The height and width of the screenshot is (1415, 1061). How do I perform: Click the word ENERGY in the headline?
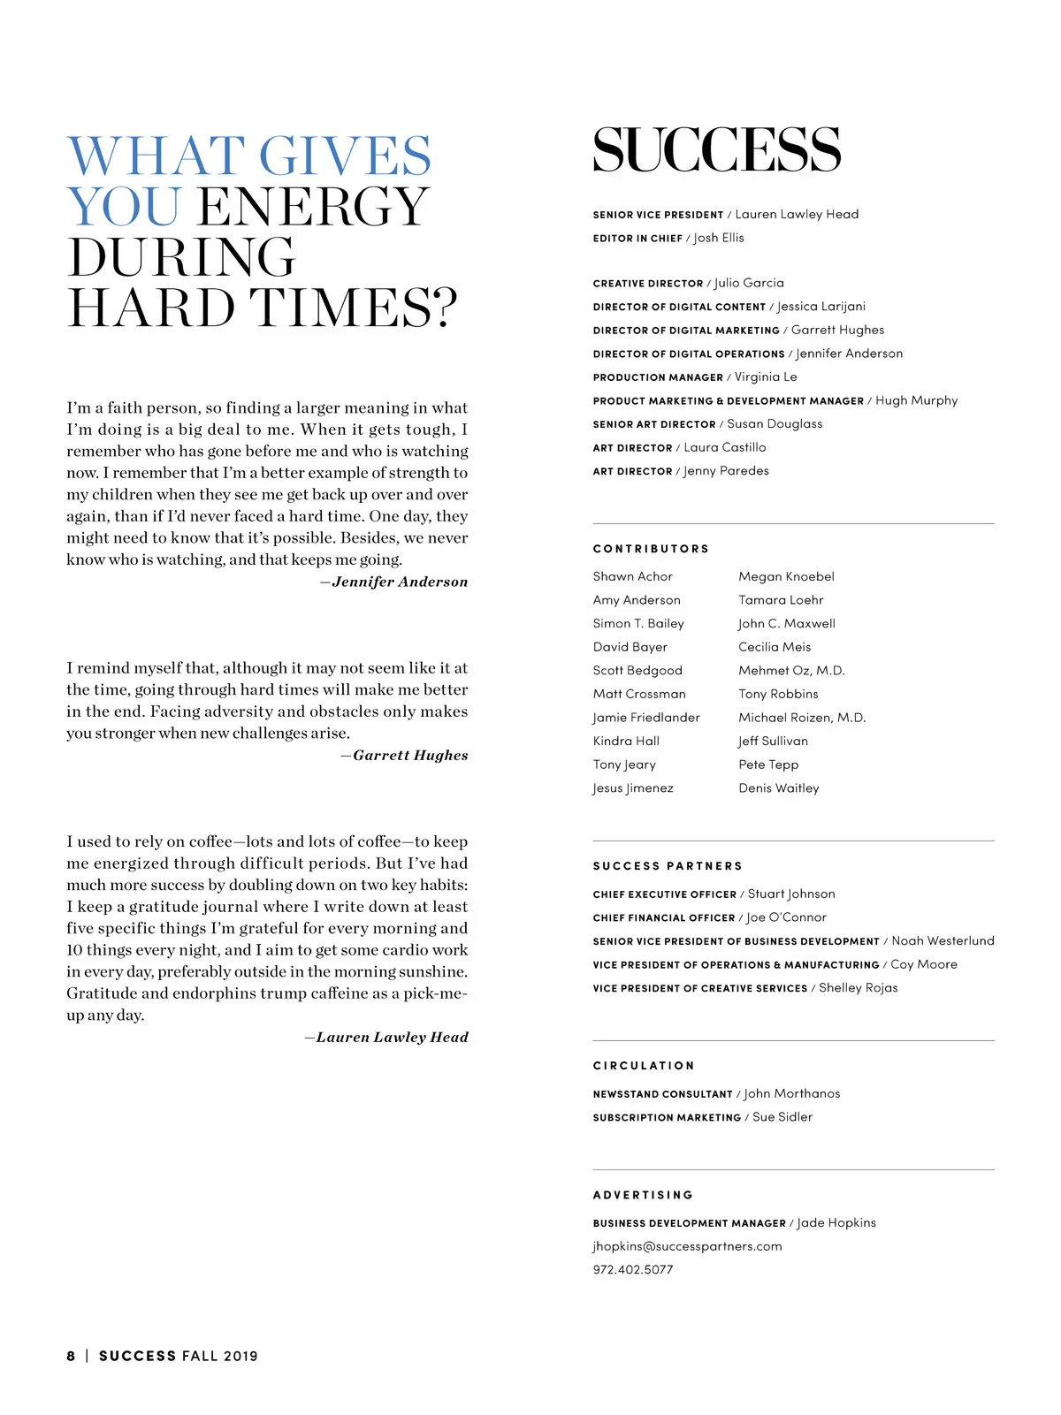click(314, 207)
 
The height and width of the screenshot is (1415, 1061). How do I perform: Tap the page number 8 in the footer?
click(71, 1356)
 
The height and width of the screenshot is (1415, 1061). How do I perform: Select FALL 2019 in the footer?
click(220, 1356)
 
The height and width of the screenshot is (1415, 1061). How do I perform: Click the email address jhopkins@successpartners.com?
click(687, 1246)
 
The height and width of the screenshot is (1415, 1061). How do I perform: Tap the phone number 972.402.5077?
click(633, 1269)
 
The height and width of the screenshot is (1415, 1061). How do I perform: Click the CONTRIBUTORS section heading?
click(651, 549)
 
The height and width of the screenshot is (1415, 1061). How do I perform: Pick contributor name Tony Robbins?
click(778, 694)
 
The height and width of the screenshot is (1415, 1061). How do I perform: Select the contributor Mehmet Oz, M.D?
click(791, 670)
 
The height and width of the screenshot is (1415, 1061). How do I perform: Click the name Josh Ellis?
click(719, 238)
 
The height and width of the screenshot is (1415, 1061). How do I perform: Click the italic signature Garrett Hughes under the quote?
click(410, 755)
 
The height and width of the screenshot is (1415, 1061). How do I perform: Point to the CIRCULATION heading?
click(644, 1066)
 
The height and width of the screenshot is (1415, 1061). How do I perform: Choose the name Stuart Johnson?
click(791, 894)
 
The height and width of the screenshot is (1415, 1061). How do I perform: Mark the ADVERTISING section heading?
click(643, 1195)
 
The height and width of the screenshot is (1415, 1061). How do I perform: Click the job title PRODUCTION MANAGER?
click(658, 377)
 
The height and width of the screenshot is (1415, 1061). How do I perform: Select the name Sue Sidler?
click(782, 1117)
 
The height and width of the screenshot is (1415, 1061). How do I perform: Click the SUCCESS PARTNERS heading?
click(668, 866)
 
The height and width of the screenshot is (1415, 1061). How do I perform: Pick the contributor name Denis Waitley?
click(779, 787)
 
